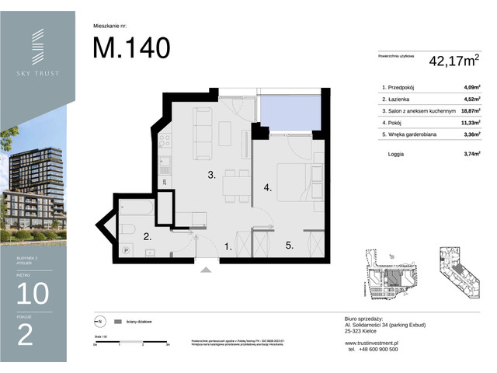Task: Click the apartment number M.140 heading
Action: pyautogui.click(x=131, y=47)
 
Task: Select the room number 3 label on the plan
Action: pyautogui.click(x=211, y=176)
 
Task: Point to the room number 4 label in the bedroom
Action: pyautogui.click(x=266, y=187)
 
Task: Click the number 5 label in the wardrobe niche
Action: pyautogui.click(x=288, y=246)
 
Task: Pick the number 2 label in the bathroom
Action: pyautogui.click(x=147, y=238)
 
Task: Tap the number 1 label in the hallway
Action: pyautogui.click(x=228, y=246)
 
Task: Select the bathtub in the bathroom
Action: pyautogui.click(x=137, y=209)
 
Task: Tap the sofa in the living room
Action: pyautogui.click(x=201, y=127)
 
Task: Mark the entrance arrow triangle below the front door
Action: pyautogui.click(x=206, y=270)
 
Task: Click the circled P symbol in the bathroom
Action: pyautogui.click(x=126, y=250)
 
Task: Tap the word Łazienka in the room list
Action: pyautogui.click(x=403, y=99)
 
